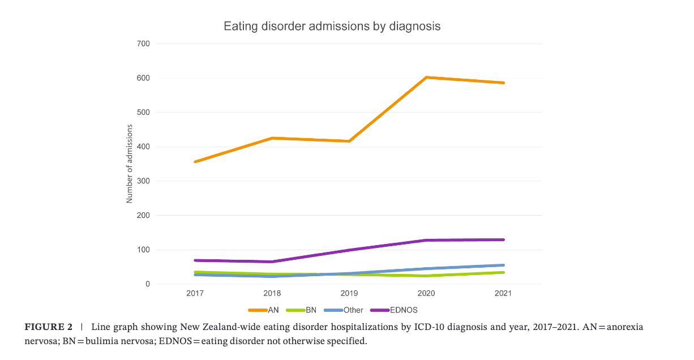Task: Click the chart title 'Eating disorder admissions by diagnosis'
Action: pos(332,26)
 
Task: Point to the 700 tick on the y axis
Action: pos(143,44)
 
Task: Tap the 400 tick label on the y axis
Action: pos(143,147)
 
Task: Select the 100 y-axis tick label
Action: pos(143,250)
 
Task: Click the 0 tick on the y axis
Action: pos(147,284)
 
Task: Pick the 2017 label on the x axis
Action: pos(195,293)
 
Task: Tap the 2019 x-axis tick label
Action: pos(349,293)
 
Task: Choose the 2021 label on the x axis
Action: pos(503,293)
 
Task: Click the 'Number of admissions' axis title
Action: pos(129,164)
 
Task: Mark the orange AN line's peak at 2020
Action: pos(426,77)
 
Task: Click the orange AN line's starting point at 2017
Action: pos(195,162)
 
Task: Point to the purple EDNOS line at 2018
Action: pos(272,262)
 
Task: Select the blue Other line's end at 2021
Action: pos(503,265)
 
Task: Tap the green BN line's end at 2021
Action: pos(503,272)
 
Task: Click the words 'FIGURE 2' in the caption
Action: pos(48,328)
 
